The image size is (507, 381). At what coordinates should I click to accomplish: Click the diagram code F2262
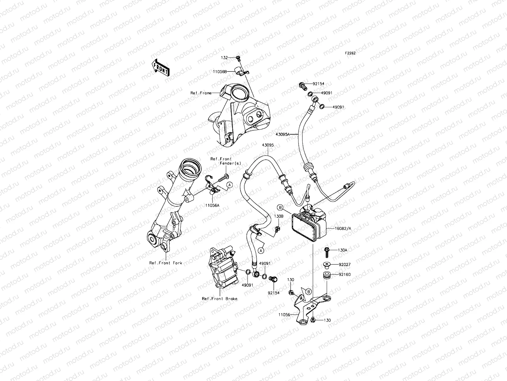tap(350, 53)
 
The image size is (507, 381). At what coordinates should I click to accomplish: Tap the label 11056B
tap(226, 72)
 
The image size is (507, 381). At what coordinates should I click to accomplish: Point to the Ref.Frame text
tap(201, 93)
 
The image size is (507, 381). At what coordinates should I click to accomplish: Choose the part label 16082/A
tap(335, 228)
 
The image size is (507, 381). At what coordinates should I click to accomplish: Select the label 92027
tap(344, 264)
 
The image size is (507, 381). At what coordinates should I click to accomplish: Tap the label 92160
tap(344, 274)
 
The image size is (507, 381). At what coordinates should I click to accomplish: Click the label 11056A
tap(212, 205)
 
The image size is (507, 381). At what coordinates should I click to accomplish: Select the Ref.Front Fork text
tap(166, 263)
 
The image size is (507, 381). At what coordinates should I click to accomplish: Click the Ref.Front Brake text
tap(220, 298)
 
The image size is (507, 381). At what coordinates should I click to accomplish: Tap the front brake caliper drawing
tap(222, 270)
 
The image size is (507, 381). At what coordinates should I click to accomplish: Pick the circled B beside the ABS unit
tap(280, 207)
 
